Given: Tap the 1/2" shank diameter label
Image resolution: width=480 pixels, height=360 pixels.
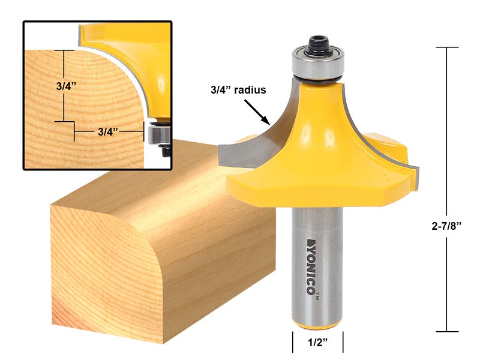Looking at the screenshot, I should [x=317, y=343].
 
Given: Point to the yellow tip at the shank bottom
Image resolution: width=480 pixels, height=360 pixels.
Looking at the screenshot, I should [x=318, y=325].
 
